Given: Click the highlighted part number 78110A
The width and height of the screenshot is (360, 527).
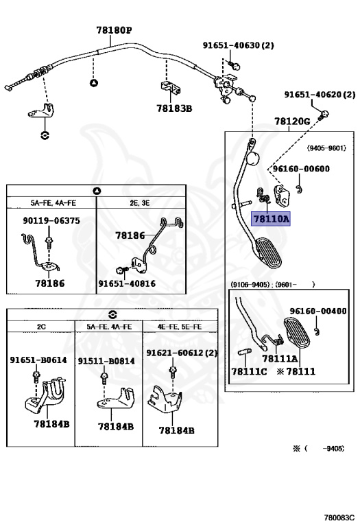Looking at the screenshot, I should pyautogui.click(x=272, y=220).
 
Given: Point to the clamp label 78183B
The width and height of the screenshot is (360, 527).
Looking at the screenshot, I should pyautogui.click(x=173, y=108).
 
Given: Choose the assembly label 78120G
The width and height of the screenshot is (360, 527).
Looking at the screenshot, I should pyautogui.click(x=292, y=121).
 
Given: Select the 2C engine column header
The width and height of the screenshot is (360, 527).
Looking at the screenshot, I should pyautogui.click(x=40, y=327).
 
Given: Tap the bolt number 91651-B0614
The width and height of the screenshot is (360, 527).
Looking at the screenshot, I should pyautogui.click(x=38, y=360).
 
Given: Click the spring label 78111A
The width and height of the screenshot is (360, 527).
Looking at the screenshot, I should pyautogui.click(x=280, y=358).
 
